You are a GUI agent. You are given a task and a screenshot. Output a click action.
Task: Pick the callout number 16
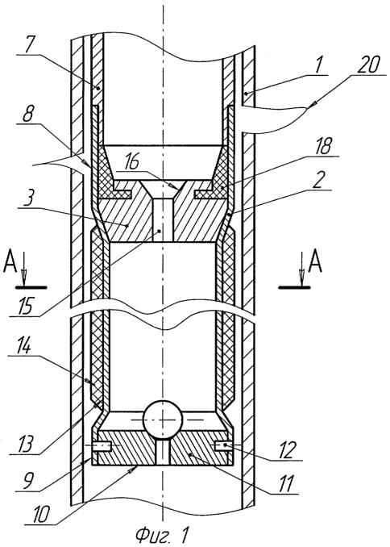tap(131, 162)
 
